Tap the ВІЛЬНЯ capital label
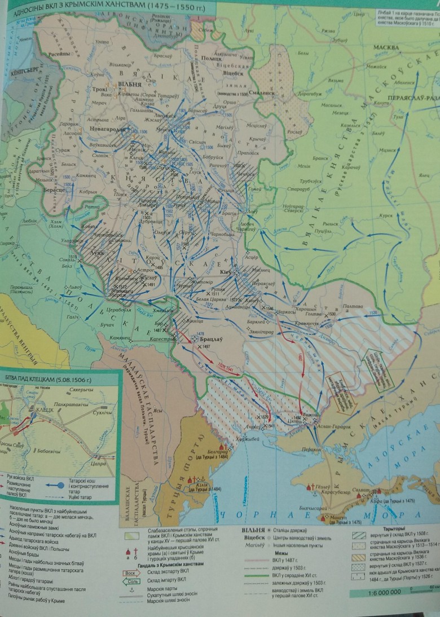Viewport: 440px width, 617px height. (125, 84)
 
